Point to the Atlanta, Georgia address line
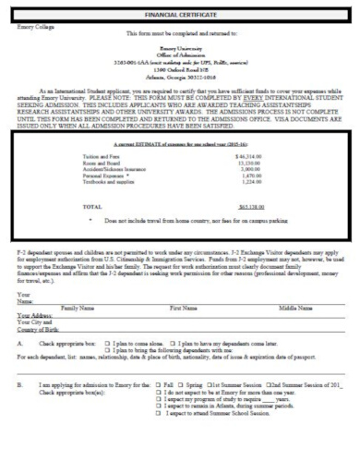pos(181,77)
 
